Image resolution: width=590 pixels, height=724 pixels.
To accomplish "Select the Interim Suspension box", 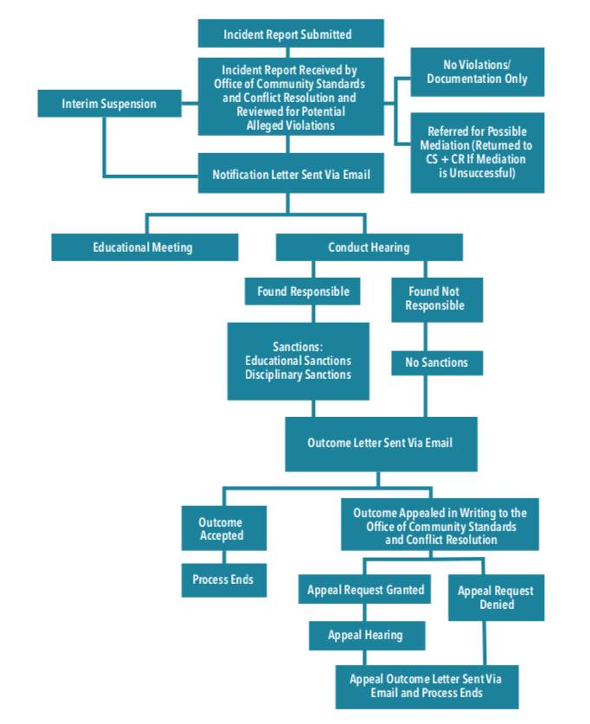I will coord(109,104).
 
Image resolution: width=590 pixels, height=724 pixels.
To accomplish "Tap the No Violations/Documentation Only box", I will coord(477,72).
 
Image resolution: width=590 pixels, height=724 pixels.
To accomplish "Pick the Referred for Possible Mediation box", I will coord(477,152).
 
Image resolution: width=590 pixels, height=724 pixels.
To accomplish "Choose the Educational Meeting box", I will coord(144,247).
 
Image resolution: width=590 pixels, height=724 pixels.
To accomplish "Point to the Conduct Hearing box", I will coord(369,247).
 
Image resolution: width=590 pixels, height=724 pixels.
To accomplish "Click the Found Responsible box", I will coord(303,292).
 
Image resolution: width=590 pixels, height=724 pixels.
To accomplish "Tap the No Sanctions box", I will coord(436,362).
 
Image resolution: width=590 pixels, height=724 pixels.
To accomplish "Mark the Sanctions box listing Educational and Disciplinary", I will coord(298,361).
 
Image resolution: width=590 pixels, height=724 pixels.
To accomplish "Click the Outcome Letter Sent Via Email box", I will coord(381,443).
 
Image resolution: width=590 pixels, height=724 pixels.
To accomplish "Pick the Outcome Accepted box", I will coord(221,529).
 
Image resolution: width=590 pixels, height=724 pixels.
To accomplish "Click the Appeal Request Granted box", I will coord(366,590).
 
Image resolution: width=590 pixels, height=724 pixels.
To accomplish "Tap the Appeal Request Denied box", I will coord(496,598).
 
